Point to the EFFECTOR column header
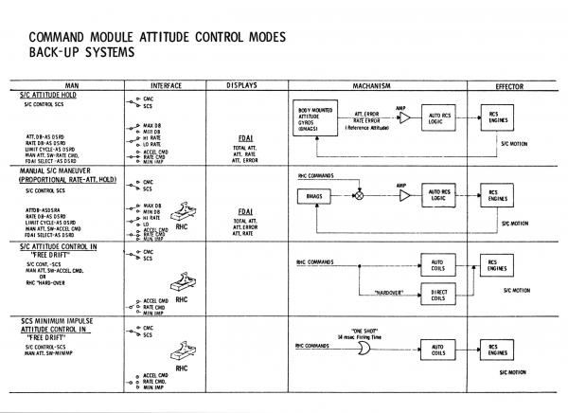point(515,86)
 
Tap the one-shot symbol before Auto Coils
point(363,350)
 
